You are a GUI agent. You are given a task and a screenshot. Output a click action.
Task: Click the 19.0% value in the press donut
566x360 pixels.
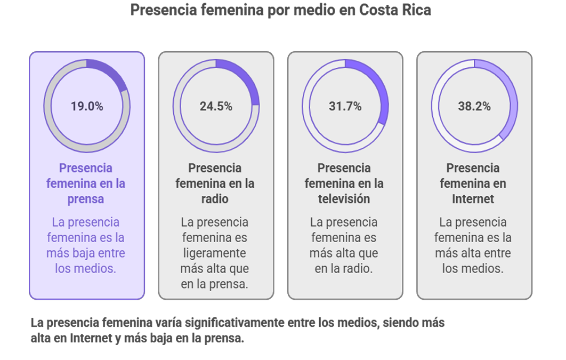87,106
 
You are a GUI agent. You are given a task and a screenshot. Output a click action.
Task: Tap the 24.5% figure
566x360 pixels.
216,106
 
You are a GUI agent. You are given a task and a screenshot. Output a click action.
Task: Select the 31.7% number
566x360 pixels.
345,106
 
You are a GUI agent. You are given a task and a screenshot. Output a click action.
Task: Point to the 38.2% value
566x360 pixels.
474,106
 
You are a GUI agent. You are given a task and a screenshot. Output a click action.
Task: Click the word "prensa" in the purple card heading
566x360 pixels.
86,199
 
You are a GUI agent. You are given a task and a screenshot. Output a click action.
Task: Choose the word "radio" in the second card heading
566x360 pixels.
215,199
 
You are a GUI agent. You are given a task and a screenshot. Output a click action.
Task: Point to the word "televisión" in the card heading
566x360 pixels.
344,199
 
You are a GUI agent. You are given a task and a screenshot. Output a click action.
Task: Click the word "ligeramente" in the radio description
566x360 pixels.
215,253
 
